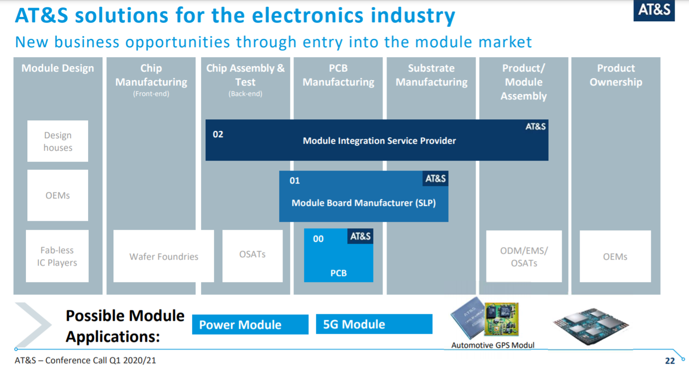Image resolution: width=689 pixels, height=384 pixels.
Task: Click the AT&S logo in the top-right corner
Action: (654, 10)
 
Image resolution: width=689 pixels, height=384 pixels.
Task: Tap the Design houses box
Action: (58, 141)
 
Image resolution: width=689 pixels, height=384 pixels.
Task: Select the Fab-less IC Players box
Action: (57, 256)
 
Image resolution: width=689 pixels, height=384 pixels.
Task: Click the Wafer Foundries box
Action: (164, 256)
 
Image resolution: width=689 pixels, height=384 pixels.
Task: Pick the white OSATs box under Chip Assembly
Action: (252, 255)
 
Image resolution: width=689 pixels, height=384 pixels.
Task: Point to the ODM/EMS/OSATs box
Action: (524, 256)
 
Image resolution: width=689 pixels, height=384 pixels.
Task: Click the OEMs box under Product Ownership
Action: (615, 256)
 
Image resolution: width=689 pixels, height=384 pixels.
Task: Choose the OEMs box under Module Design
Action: (58, 195)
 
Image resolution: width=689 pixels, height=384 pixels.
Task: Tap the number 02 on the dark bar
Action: (218, 134)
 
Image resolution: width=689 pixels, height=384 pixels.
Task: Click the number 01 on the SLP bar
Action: (295, 181)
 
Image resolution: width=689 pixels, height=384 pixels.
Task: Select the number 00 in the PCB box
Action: (318, 239)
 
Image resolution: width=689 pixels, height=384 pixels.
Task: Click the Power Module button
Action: (250, 325)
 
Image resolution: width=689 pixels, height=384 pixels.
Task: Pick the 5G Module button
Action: (374, 324)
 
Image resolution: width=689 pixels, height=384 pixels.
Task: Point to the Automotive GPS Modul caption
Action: (492, 345)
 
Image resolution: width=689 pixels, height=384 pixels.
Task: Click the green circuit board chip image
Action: (501, 319)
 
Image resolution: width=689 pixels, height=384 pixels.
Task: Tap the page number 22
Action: (670, 361)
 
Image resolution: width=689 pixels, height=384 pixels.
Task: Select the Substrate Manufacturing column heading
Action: (431, 75)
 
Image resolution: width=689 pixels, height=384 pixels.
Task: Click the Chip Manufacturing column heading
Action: (151, 76)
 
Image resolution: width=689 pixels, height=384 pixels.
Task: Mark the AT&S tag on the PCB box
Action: (360, 236)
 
